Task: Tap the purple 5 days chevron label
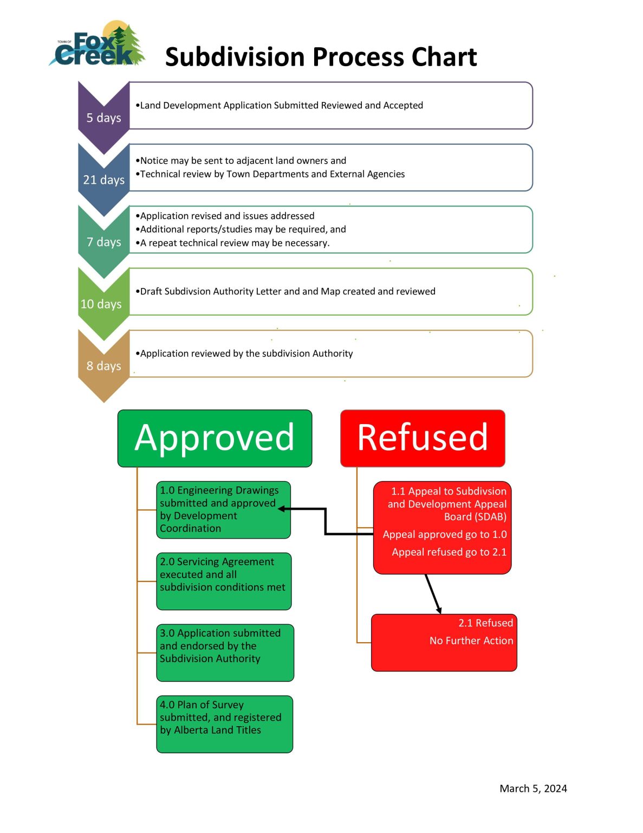coord(103,118)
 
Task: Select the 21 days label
coord(103,180)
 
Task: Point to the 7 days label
coord(103,242)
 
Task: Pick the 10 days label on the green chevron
coord(101,304)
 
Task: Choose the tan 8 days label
coord(103,366)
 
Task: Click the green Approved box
coord(215,438)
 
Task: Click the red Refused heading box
coord(423,438)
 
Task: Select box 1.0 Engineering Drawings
coord(223,510)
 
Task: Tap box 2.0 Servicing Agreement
coord(224,581)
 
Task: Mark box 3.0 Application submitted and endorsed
coord(225,652)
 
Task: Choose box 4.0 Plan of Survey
coord(224,724)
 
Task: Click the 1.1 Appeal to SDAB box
coord(442,527)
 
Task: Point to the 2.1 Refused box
coord(444,642)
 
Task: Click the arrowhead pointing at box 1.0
coord(282,509)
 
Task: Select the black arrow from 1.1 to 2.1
coord(433,594)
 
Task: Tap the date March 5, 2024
coord(533,789)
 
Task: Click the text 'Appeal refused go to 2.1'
coord(449,552)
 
